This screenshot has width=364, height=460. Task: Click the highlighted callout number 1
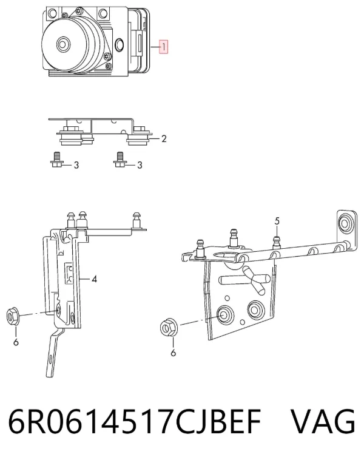163,47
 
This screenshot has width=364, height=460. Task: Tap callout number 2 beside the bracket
164,138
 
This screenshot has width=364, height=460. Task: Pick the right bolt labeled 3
119,160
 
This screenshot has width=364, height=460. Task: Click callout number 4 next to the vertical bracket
94,279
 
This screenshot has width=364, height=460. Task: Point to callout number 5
277,221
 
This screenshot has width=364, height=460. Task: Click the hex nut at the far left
12,316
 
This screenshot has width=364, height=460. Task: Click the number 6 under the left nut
16,342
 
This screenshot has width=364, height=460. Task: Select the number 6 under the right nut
173,353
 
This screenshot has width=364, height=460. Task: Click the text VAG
323,421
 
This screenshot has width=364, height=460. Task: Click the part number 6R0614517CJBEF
135,422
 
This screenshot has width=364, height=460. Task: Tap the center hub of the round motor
62,44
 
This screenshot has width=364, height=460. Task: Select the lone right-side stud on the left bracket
136,220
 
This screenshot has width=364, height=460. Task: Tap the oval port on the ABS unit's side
120,44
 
